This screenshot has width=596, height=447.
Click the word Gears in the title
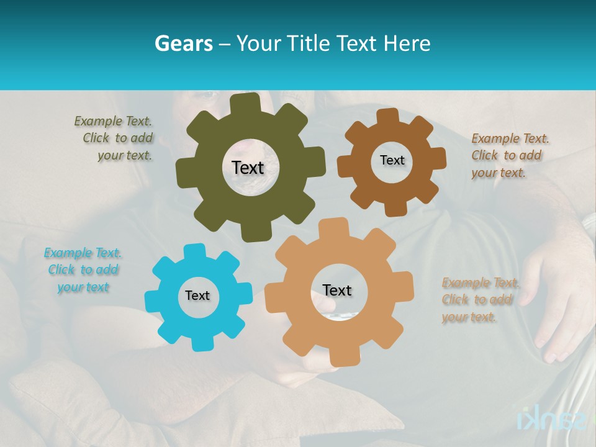point(183,43)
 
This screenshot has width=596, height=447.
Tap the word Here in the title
point(407,43)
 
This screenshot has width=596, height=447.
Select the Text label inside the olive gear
point(248,168)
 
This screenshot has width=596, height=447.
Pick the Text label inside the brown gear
point(392,160)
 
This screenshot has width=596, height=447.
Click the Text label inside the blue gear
point(197,296)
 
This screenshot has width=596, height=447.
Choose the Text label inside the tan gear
point(336,290)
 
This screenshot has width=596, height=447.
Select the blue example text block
point(83,270)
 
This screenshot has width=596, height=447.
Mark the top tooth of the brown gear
point(388,115)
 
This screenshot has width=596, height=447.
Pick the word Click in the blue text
point(61,270)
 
